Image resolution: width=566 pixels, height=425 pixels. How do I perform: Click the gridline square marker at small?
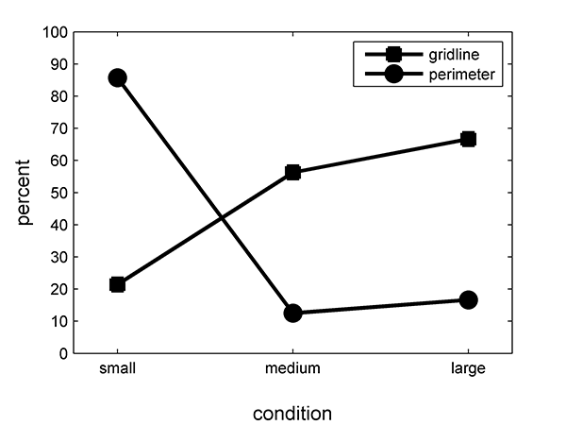pos(117,284)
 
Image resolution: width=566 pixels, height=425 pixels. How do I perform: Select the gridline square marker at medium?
pos(292,172)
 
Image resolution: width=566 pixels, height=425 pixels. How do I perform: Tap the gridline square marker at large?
pos(468,139)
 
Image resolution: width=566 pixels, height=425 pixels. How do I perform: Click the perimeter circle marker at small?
pos(117,77)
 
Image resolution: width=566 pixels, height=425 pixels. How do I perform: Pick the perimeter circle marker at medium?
pos(292,313)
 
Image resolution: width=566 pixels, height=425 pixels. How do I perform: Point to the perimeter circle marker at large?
pos(468,299)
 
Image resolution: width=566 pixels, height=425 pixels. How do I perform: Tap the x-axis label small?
pos(117,368)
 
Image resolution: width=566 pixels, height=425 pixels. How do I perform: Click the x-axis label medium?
pos(292,368)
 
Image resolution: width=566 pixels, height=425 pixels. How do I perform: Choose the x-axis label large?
pos(468,368)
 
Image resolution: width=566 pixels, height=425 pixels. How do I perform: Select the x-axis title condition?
pos(292,413)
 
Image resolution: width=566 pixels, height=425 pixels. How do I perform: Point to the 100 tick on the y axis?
pos(57,32)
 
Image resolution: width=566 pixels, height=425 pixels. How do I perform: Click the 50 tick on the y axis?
pos(59,193)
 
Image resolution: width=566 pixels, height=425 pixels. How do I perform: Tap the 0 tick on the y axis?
pos(63,353)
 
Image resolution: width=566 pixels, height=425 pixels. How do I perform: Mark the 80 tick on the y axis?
pos(59,96)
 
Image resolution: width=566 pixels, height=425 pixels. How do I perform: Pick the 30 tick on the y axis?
pos(59,257)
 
